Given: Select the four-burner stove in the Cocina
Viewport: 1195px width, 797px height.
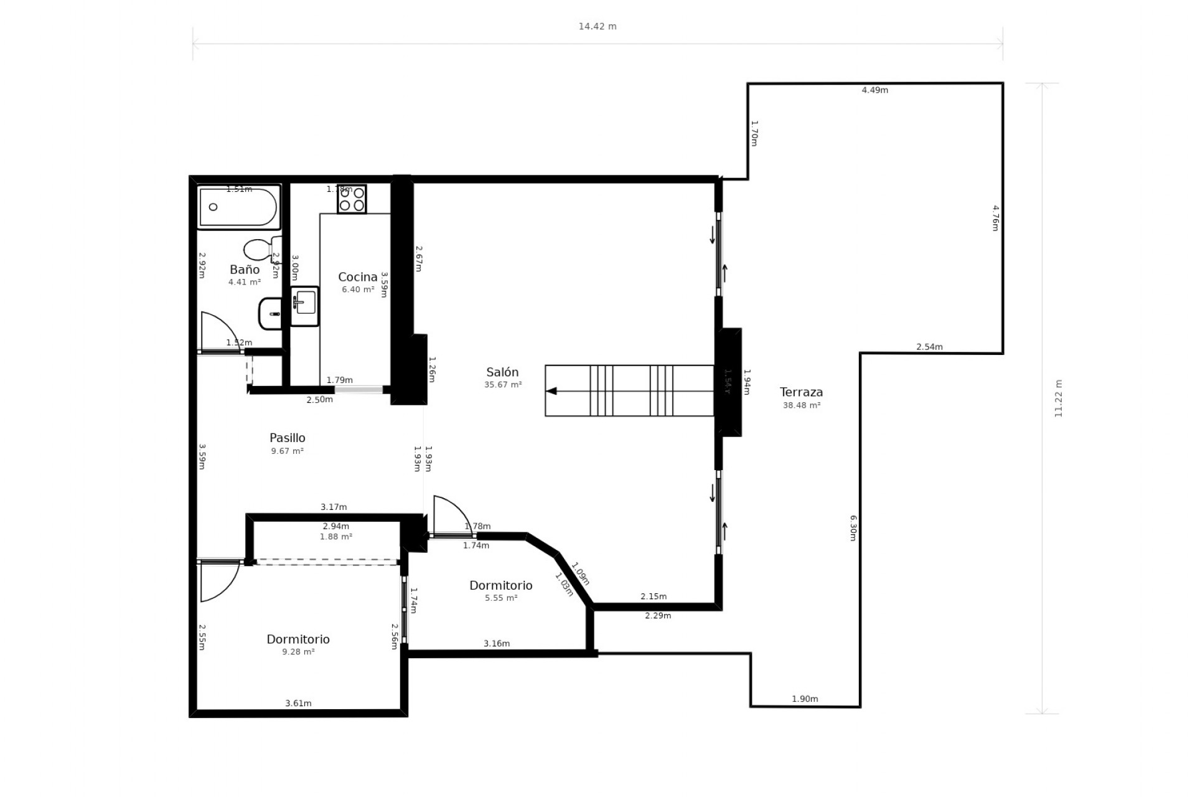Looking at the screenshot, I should point(352,199).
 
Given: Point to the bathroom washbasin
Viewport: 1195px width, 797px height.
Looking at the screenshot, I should point(271,313).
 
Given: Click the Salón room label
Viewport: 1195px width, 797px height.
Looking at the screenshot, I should point(502,372).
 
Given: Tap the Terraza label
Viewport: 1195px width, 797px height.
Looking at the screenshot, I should point(801,392).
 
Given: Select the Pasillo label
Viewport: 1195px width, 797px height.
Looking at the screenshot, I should point(287,438).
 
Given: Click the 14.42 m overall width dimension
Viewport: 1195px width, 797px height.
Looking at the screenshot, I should point(597,27).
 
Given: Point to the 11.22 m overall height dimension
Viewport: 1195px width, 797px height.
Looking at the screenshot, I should point(1058,398).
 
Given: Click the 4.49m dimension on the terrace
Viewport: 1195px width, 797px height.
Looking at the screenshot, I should point(874,90).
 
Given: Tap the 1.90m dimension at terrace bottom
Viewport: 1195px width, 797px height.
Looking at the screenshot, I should point(805,699).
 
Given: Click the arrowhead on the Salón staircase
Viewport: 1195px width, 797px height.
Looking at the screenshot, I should point(551,391).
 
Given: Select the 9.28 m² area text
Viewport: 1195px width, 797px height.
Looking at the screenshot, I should point(298,652).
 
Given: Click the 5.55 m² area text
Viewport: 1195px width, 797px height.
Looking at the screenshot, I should point(501,598).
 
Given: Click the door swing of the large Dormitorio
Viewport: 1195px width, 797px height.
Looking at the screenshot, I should point(219,583).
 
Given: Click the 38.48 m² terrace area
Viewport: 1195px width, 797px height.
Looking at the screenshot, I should point(802,405).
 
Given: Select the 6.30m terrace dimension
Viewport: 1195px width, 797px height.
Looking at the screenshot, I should point(853,527).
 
